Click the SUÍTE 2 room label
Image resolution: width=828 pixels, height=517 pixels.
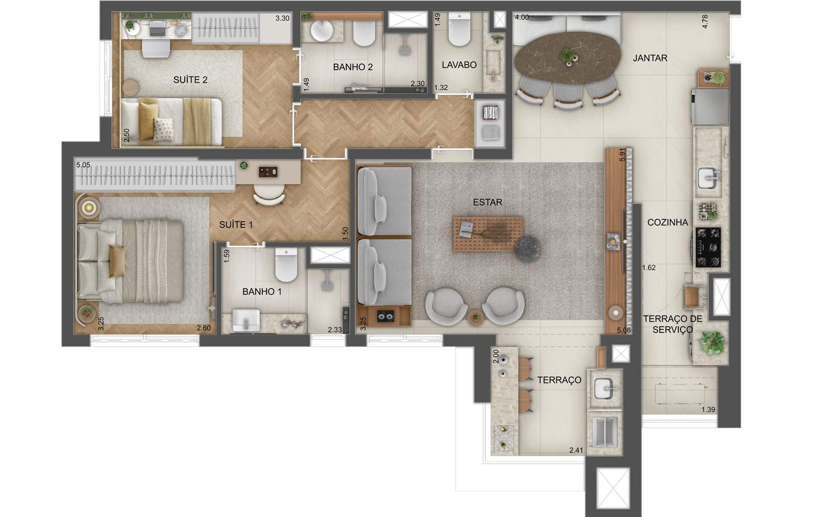pos(190,80)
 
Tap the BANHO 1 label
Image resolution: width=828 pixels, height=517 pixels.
pos(262,292)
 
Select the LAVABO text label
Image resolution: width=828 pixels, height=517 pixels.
pos(459,65)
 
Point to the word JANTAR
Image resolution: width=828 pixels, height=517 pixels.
pos(650,58)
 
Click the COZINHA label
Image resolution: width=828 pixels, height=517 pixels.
pos(668,222)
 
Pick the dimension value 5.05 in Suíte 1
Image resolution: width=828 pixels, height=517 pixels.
pos(83,165)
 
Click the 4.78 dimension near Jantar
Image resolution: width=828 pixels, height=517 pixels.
pos(705,21)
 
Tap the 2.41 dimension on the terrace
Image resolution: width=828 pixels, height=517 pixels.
pos(576,450)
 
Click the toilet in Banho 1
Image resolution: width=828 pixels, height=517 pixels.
pos(286,265)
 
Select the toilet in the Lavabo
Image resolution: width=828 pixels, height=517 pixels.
pos(459,29)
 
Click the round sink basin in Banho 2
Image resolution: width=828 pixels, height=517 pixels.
pos(322,31)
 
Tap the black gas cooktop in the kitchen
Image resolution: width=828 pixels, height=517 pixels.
pos(708,247)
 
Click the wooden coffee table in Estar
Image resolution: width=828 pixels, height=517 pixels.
pos(489,234)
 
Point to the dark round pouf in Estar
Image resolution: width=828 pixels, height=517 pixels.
pos(527,249)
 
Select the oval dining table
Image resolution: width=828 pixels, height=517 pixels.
pos(567,58)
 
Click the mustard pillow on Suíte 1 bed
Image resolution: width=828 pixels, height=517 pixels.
pos(117,261)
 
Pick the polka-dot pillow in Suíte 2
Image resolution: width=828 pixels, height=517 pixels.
pos(163,130)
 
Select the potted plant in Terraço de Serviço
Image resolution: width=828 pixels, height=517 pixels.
pos(711,343)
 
